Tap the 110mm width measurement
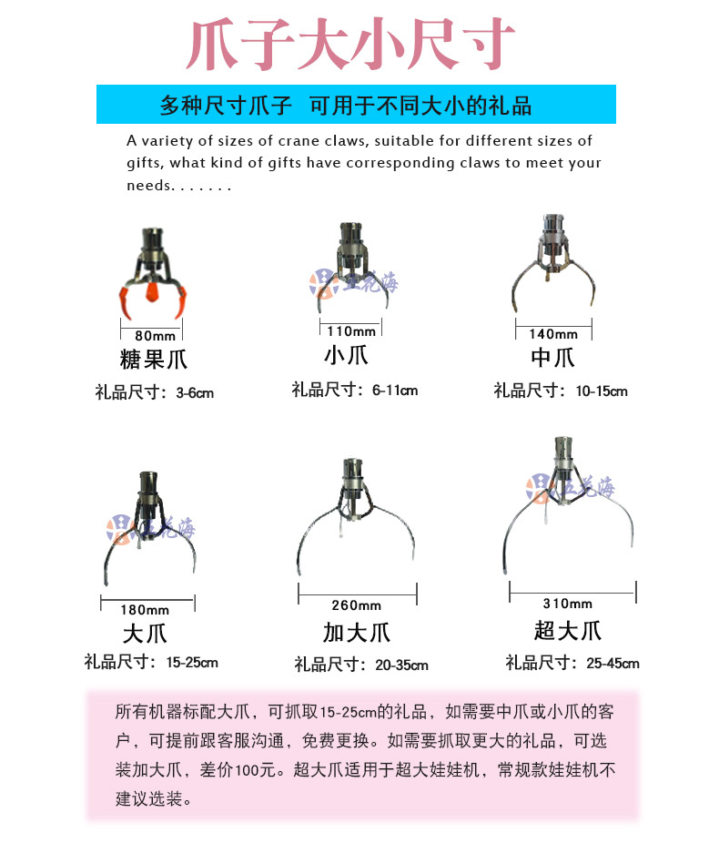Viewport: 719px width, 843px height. (x=350, y=331)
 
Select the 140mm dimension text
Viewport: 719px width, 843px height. (x=552, y=334)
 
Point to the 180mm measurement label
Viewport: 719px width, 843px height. (x=146, y=609)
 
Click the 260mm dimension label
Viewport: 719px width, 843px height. (x=357, y=605)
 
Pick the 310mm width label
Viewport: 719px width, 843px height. (x=568, y=603)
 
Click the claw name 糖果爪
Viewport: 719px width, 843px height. (x=154, y=359)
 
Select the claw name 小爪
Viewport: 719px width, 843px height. (x=346, y=354)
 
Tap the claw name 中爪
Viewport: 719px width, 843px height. (x=552, y=357)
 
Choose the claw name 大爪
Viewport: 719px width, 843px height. (x=145, y=633)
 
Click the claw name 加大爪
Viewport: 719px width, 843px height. (x=356, y=632)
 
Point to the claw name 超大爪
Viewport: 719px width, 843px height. (x=568, y=629)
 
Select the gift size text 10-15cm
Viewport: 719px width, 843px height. (x=601, y=391)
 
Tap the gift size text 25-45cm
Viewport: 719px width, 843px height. (x=613, y=664)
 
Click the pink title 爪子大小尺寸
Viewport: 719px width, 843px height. (x=351, y=45)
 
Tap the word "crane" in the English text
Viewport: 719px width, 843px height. (x=313, y=141)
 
